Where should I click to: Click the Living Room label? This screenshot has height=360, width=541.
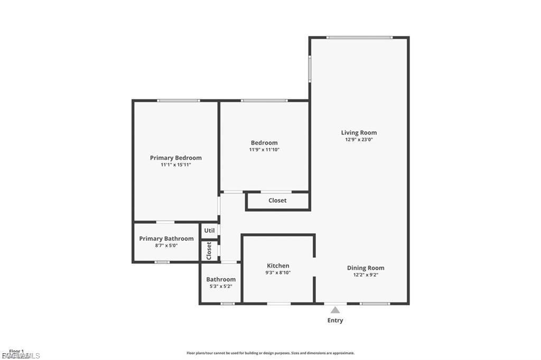[x=359, y=132]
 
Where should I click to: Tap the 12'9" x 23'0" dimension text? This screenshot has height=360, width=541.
[x=359, y=140]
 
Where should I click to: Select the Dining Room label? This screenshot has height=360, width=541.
[x=366, y=268]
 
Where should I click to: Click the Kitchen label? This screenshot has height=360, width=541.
[x=278, y=266]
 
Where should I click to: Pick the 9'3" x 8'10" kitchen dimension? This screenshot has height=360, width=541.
[x=278, y=273]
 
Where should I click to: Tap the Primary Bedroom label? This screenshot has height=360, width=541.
[x=175, y=158]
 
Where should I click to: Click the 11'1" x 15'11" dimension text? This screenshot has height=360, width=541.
[x=175, y=165]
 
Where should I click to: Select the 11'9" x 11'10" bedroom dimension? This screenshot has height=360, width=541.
[x=264, y=150]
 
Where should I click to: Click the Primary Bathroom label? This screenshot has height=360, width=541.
[x=166, y=239]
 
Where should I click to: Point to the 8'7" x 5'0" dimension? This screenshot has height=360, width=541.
[x=166, y=246]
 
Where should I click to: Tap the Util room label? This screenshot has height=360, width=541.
[x=209, y=231]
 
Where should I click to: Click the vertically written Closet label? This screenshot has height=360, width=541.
[x=209, y=251]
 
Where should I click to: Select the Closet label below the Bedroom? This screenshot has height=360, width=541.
[x=277, y=201]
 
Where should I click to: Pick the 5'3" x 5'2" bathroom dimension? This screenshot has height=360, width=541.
[x=221, y=287]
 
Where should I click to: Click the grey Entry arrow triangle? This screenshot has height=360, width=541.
[x=335, y=310]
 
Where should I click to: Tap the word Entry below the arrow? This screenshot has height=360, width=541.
[x=335, y=320]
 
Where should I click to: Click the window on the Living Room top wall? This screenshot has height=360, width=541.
[x=359, y=37]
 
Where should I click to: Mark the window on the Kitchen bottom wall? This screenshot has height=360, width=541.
[x=278, y=304]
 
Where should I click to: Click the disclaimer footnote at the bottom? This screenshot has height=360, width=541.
[x=270, y=353]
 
